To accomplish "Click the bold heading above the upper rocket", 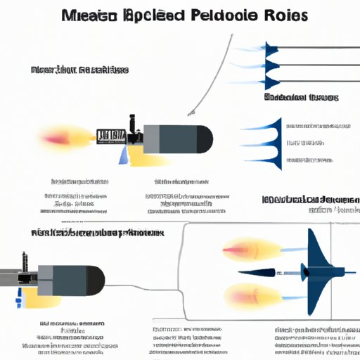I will [x=79, y=71].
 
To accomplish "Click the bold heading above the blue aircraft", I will [x=309, y=200].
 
